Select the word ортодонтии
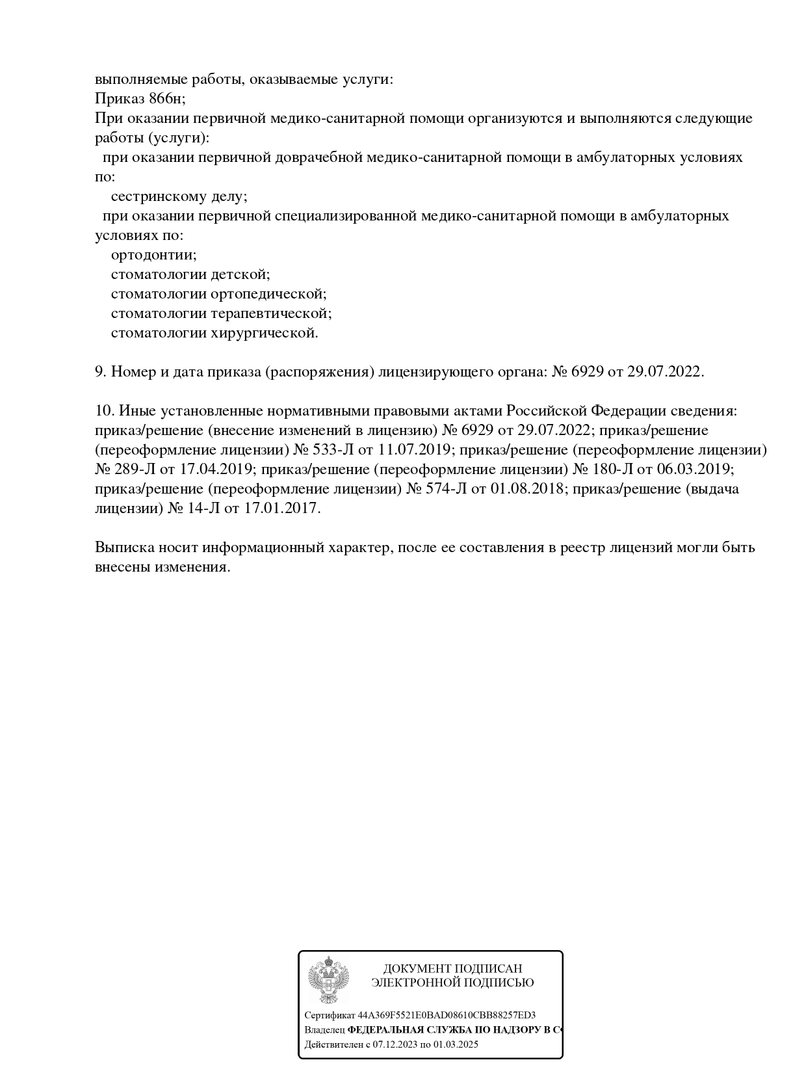[153, 255]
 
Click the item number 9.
[100, 372]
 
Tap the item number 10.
[104, 411]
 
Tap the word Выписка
[123, 548]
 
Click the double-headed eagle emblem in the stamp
[328, 980]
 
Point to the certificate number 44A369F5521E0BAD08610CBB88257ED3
[447, 1015]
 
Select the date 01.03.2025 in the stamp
[456, 1045]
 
